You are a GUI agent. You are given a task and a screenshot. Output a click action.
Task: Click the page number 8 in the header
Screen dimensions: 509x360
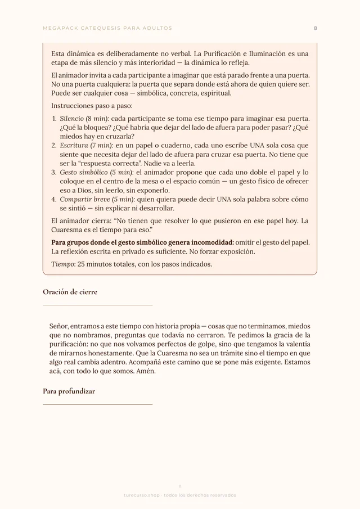point(316,28)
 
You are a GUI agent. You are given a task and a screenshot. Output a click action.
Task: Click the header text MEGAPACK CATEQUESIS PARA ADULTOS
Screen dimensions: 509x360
point(107,28)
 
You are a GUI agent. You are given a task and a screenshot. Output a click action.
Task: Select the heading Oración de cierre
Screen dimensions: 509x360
point(70,292)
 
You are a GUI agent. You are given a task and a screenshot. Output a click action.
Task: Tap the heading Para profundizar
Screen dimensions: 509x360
point(69,391)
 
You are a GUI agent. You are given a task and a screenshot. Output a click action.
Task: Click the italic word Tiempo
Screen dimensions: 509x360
point(62,264)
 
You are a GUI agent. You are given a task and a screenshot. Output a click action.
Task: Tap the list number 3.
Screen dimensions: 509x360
point(54,173)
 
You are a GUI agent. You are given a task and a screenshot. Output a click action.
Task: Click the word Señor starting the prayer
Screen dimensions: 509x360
point(60,326)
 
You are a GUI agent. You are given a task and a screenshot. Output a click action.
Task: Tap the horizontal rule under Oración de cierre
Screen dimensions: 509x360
point(97,305)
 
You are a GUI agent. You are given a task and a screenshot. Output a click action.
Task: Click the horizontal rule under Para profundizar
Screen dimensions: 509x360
point(97,404)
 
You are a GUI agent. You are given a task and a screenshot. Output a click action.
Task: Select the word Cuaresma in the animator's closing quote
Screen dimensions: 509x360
point(70,230)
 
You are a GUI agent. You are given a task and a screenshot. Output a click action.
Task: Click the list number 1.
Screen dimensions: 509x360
point(54,119)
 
